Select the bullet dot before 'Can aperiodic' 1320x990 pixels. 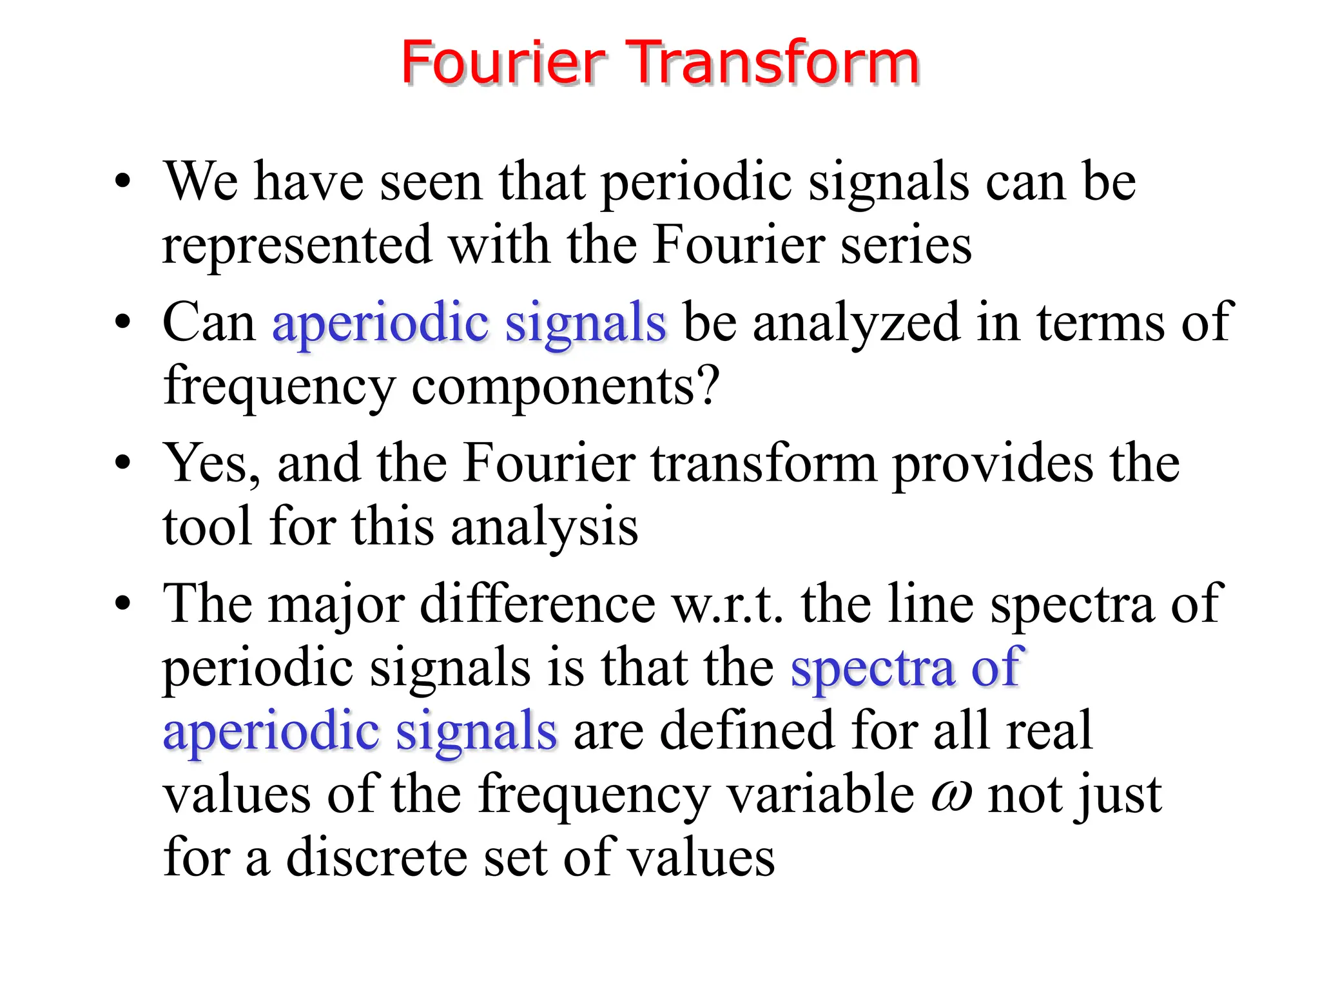pyautogui.click(x=122, y=322)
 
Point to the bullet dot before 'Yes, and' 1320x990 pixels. pyautogui.click(x=122, y=463)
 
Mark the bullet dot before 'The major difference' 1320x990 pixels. pyautogui.click(x=122, y=604)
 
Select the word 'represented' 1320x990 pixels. pyautogui.click(x=296, y=246)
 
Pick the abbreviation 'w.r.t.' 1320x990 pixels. pyautogui.click(x=728, y=604)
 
